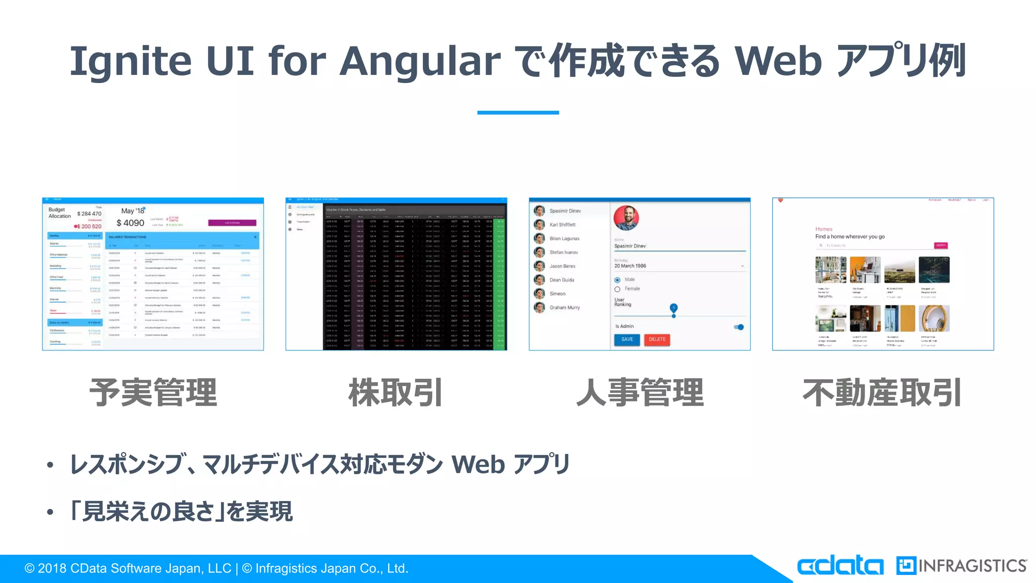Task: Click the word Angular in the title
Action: click(420, 61)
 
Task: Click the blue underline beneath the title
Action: click(518, 112)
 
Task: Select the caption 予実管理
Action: click(153, 393)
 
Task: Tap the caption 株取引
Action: click(396, 393)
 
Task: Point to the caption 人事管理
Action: click(640, 393)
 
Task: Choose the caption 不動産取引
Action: click(882, 393)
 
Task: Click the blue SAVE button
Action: click(627, 340)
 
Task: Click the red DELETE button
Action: click(657, 340)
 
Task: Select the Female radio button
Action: click(617, 289)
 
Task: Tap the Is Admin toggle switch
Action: click(739, 327)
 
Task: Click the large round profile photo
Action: click(626, 218)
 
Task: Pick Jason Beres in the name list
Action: click(562, 266)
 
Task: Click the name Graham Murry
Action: click(565, 308)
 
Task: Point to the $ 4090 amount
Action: click(130, 223)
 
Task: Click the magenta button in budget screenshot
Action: click(232, 223)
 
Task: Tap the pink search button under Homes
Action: click(940, 245)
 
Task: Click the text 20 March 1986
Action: click(630, 266)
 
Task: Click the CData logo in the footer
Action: click(840, 566)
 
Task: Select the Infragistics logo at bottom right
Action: click(961, 566)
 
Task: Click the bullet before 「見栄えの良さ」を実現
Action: click(50, 512)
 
